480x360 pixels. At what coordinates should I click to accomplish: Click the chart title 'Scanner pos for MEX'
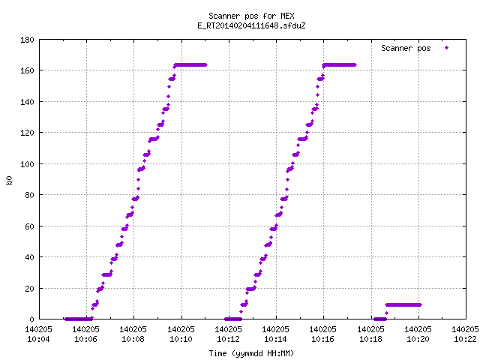(x=251, y=16)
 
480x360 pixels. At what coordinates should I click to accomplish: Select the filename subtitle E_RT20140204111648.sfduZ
(x=251, y=25)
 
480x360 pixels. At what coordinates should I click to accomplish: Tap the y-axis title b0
(x=9, y=180)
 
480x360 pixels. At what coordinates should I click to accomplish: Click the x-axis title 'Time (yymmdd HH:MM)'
(x=251, y=353)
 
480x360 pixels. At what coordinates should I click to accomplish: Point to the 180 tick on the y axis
(x=27, y=40)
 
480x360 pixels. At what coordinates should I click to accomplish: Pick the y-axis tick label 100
(x=27, y=164)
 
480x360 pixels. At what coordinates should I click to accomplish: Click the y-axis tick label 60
(x=29, y=226)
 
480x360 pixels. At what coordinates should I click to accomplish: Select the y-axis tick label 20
(x=29, y=288)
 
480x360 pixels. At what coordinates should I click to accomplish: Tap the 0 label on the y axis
(x=31, y=319)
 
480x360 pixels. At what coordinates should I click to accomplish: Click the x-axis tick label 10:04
(x=38, y=339)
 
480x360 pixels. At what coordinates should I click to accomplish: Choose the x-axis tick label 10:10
(x=181, y=339)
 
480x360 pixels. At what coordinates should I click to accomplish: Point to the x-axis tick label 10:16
(x=323, y=339)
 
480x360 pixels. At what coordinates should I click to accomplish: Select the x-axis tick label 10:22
(x=465, y=339)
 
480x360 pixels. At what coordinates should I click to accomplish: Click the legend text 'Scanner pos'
(x=406, y=48)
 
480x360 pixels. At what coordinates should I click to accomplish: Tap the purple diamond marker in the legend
(x=447, y=48)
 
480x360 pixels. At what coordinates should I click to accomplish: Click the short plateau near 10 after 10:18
(x=403, y=304)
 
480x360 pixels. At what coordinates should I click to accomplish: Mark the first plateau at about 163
(x=190, y=65)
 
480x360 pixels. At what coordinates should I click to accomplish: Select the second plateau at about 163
(x=340, y=65)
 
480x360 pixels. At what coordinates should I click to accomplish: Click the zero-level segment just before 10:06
(x=79, y=319)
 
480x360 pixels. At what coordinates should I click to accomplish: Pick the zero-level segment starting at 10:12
(x=233, y=319)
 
